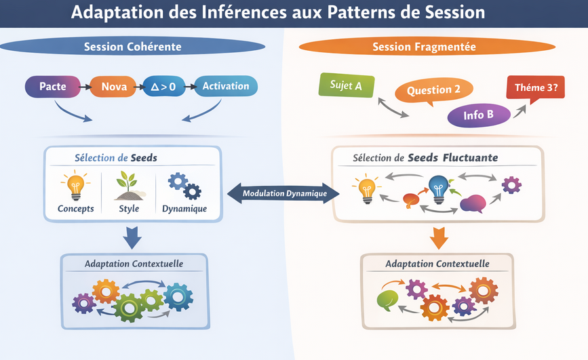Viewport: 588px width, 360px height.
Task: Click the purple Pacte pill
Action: tap(52, 86)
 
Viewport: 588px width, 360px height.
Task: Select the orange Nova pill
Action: tap(114, 86)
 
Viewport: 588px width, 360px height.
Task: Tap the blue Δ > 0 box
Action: tap(163, 86)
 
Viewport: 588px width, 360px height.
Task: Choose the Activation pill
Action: tap(226, 86)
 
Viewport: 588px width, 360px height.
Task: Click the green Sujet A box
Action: tap(346, 85)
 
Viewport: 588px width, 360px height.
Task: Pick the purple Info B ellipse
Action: tap(478, 115)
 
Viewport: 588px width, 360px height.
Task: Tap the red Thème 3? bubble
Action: tap(536, 87)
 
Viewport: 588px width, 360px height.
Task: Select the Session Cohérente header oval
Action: tap(132, 47)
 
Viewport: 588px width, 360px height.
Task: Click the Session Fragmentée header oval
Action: tap(424, 47)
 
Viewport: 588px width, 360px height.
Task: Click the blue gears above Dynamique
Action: tap(184, 185)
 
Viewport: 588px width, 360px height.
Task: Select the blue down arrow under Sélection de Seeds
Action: tap(133, 237)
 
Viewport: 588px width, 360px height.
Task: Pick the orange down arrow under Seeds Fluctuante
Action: tap(437, 237)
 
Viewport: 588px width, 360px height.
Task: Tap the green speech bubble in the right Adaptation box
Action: tap(387, 300)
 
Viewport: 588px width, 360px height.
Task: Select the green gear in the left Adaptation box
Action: tap(129, 306)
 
